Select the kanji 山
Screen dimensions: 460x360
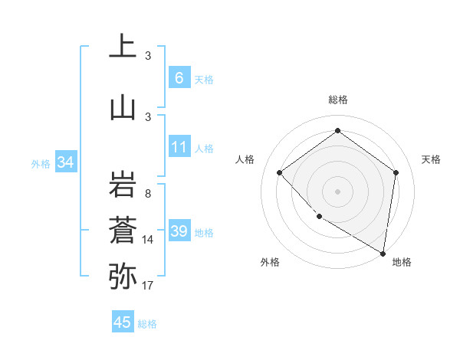click(123, 107)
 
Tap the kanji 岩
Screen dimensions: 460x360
click(123, 185)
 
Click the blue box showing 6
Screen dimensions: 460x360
click(179, 77)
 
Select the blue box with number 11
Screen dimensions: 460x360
click(179, 147)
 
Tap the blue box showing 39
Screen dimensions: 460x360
click(179, 231)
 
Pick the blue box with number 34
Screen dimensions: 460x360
click(65, 162)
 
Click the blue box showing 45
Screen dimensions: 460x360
click(123, 322)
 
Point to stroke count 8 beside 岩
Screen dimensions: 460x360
click(147, 194)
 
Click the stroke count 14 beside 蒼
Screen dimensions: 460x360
click(147, 240)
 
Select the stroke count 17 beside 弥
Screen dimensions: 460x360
click(147, 286)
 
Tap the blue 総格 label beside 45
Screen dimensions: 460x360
click(147, 324)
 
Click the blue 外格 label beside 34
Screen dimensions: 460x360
click(41, 163)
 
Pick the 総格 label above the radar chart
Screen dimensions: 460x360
click(337, 100)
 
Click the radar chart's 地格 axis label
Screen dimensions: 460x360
click(402, 262)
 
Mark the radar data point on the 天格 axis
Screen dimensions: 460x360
click(396, 172)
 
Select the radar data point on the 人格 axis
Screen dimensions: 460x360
click(280, 172)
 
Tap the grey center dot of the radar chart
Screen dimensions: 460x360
click(337, 191)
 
